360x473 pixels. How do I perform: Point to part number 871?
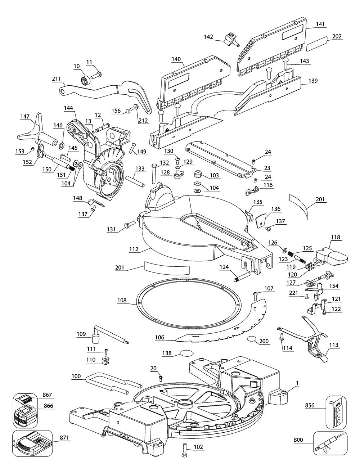(65, 438)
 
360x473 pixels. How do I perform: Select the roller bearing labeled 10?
(85, 80)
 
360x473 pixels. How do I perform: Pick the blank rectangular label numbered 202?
(317, 44)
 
